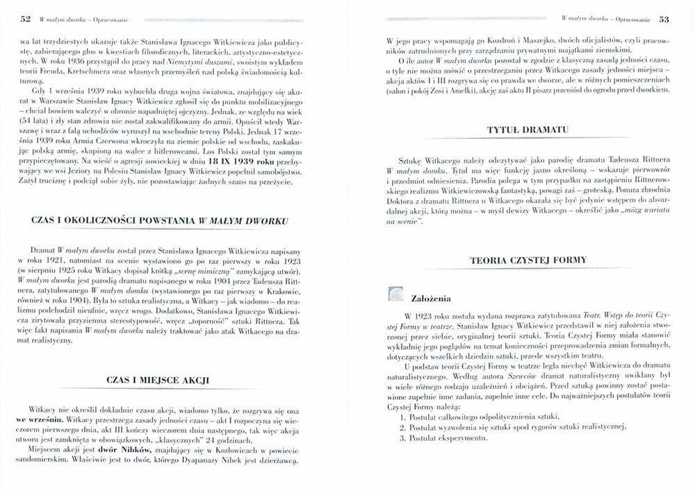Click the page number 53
664,20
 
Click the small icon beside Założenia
395,294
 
